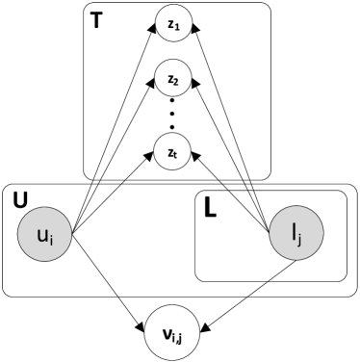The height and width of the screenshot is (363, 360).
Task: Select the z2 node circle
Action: [172, 78]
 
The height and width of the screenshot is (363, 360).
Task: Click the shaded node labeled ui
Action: [43, 235]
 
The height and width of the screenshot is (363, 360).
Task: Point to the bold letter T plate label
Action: [97, 21]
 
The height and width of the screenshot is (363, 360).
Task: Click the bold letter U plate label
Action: [20, 201]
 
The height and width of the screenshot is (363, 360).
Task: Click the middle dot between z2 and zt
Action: [172, 115]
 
